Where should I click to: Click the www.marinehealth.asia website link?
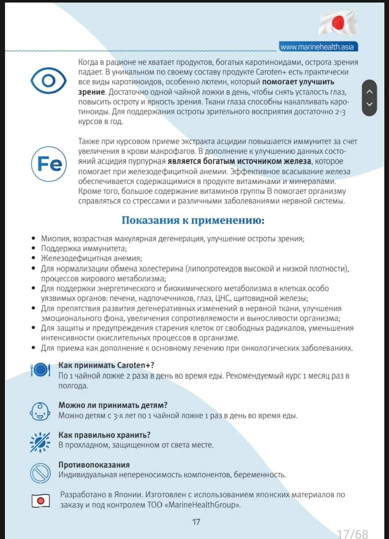tap(318, 47)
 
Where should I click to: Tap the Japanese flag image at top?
tap(338, 23)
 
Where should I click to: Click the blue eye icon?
tap(48, 80)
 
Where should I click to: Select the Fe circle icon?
tap(49, 164)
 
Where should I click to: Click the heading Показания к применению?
tap(193, 220)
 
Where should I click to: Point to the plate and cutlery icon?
tap(40, 370)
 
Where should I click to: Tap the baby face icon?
tap(40, 411)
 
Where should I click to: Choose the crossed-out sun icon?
tap(40, 442)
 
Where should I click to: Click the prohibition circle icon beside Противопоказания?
tap(40, 473)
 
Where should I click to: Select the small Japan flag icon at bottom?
tap(41, 501)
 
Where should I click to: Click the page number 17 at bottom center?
tap(196, 522)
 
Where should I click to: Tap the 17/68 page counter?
tap(352, 534)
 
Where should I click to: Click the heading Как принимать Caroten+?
tap(106, 365)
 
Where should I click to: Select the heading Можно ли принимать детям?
tap(113, 405)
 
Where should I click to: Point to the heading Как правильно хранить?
tap(104, 435)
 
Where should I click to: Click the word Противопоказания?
tap(94, 465)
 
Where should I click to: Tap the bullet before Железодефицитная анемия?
tap(33, 258)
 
